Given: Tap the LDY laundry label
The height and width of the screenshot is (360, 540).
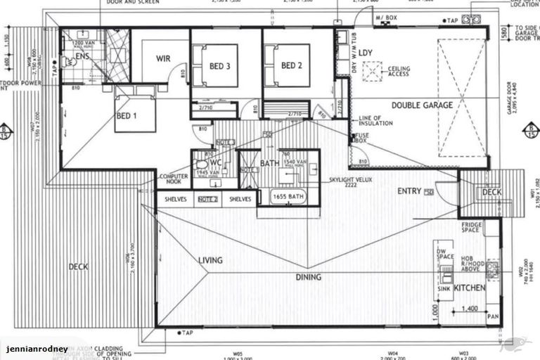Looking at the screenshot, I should [365, 53].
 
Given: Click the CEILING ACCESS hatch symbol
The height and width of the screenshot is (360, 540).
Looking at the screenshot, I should [384, 70].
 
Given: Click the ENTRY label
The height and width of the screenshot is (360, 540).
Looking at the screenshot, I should [409, 191].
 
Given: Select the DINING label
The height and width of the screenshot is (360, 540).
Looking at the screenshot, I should [308, 277].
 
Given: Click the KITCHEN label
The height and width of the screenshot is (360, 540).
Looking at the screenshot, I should [470, 289].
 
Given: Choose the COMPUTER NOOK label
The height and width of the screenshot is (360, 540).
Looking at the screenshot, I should [172, 179].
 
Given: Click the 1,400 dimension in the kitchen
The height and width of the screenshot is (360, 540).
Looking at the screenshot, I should [470, 308].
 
